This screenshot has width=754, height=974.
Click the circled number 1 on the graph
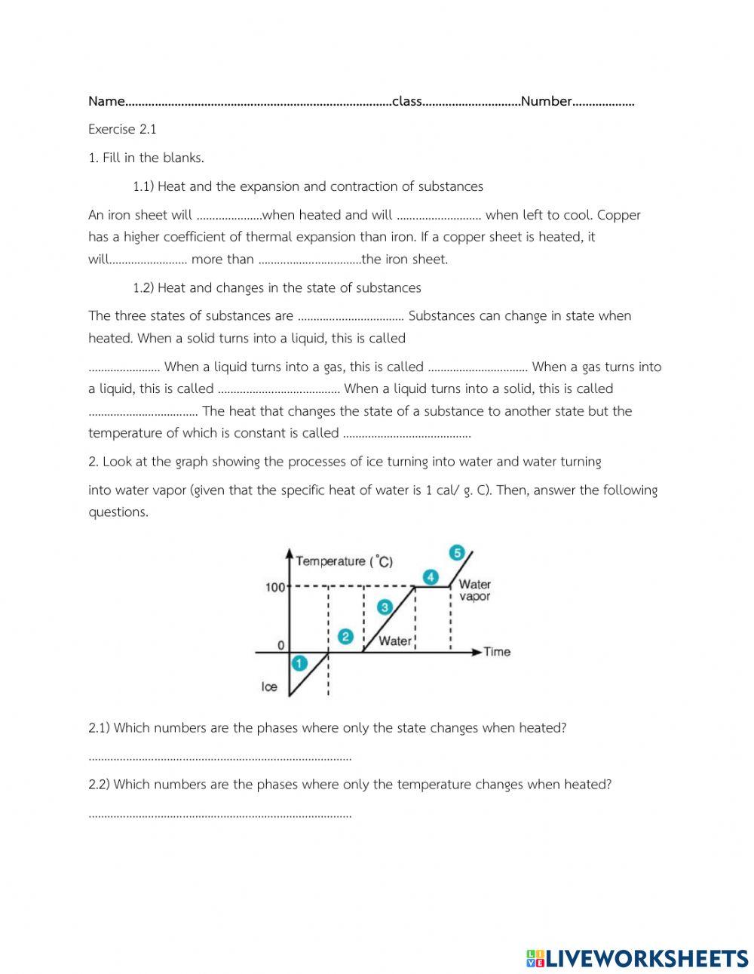(299, 663)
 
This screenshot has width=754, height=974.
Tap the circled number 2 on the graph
(345, 636)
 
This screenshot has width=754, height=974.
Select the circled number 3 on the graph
(385, 607)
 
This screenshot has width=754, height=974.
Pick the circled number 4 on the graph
(430, 577)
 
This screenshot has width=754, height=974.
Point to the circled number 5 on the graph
(457, 552)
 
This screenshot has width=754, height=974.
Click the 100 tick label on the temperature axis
(274, 587)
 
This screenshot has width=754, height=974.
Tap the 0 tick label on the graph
(280, 646)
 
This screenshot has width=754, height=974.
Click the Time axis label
(497, 652)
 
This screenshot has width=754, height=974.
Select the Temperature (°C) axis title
(344, 561)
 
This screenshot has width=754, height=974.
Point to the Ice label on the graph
(269, 687)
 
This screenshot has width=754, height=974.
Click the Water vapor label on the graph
(474, 590)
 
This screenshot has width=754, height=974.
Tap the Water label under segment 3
(395, 641)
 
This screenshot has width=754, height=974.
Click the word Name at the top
(106, 101)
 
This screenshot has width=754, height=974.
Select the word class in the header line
(407, 101)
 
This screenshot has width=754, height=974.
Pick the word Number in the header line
(547, 101)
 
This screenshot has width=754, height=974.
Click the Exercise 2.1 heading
(122, 129)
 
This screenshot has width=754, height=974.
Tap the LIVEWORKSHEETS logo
(637, 958)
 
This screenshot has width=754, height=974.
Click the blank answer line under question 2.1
(219, 757)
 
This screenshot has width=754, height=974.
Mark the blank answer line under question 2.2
(219, 815)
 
